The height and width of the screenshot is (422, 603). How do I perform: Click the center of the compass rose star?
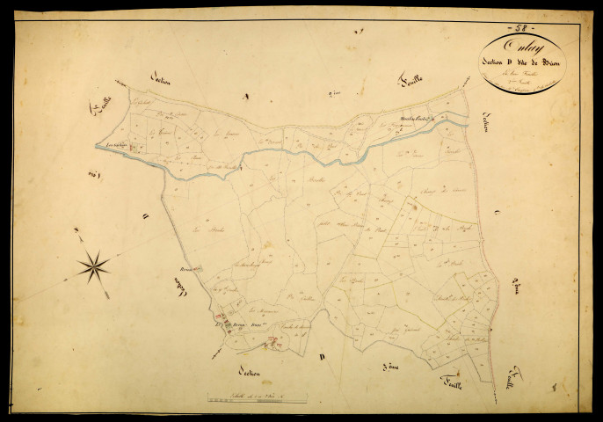pyautogui.click(x=93, y=265)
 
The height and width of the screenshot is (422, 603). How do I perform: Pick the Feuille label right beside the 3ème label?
pyautogui.click(x=450, y=379)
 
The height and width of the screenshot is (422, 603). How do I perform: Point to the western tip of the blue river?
pyautogui.click(x=98, y=147)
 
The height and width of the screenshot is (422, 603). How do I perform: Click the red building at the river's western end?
pyautogui.click(x=133, y=149)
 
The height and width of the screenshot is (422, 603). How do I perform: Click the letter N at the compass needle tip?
pyautogui.click(x=76, y=231)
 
